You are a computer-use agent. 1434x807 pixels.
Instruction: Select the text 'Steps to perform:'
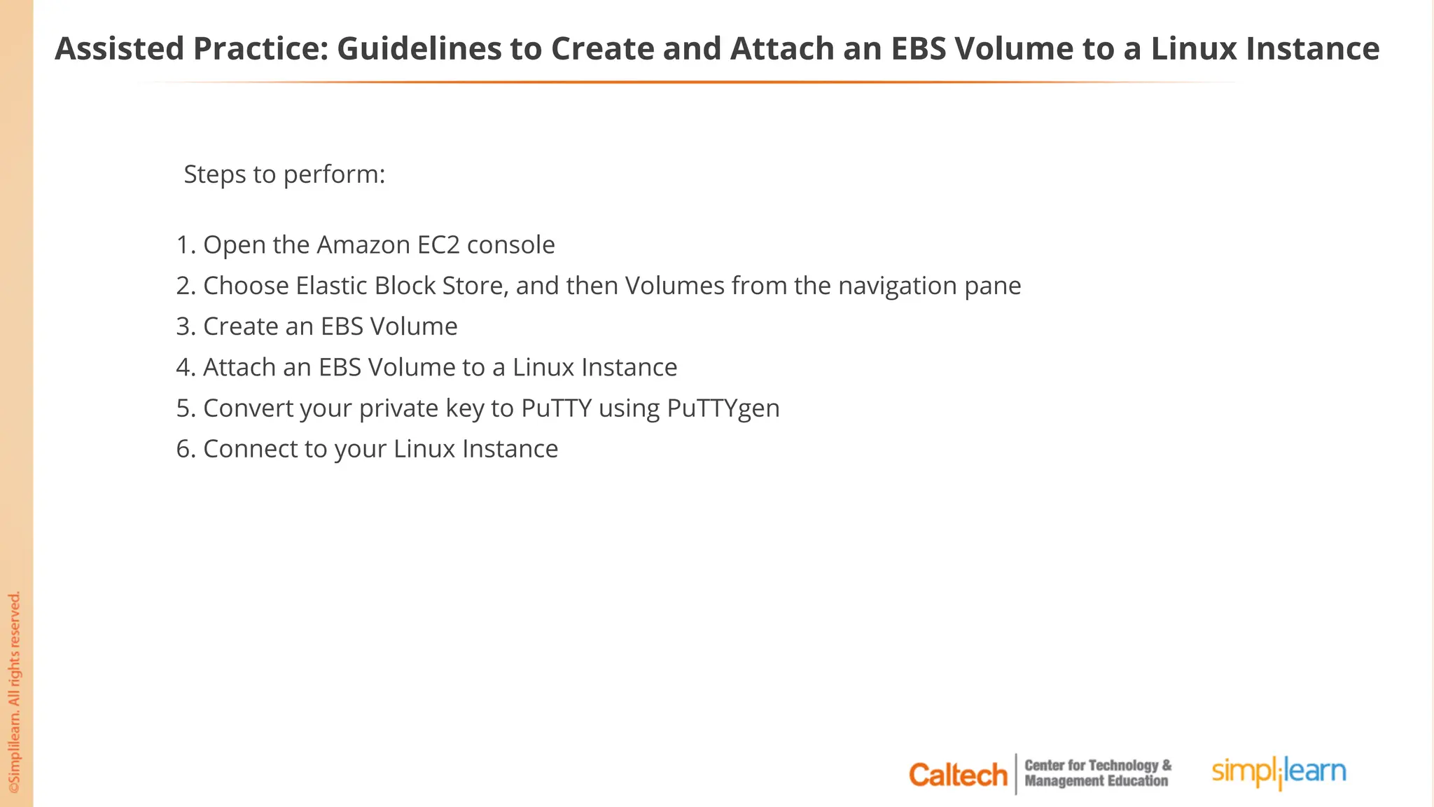284,174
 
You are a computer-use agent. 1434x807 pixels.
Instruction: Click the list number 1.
184,245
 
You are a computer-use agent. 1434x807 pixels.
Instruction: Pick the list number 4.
184,368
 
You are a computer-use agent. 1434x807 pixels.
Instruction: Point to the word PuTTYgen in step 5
723,408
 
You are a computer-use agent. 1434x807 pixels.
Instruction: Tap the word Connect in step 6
250,449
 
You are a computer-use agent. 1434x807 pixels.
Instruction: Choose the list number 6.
184,449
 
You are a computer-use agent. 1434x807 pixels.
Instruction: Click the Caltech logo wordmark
957,775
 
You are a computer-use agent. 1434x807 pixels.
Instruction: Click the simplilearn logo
1279,772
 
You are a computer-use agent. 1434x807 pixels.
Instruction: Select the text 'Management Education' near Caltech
1096,782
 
